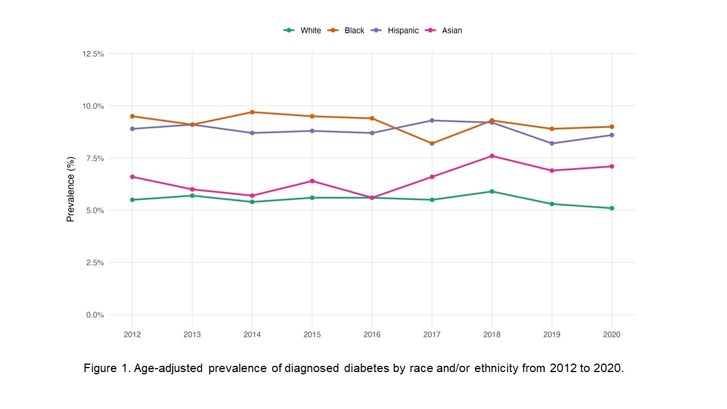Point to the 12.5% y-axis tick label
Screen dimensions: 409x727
93,54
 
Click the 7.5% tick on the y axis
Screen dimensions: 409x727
95,158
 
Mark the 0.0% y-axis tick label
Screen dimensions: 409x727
95,315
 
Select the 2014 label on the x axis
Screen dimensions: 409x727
252,335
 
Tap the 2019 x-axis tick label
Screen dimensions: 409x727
551,335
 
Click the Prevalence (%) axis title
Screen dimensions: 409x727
71,189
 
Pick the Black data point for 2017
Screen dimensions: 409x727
432,143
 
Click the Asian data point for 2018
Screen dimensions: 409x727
492,156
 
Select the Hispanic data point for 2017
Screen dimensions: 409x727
432,120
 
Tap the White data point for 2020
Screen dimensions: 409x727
612,208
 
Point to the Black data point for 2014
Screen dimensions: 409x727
252,112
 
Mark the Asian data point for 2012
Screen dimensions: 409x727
132,177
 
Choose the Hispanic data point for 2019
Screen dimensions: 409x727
551,143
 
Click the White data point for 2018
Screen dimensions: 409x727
492,191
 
